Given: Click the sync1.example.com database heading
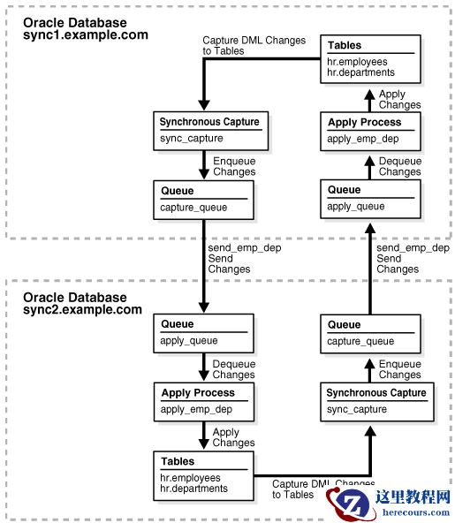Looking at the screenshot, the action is tap(86, 28).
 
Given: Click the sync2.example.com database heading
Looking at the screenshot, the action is tap(82, 304).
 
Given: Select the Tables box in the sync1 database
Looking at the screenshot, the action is tap(370, 59).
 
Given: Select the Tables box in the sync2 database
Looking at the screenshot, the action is tap(203, 475).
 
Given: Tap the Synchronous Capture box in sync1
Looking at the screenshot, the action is tap(211, 131).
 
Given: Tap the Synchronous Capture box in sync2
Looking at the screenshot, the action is tap(377, 402).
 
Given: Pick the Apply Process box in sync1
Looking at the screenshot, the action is tap(370, 132).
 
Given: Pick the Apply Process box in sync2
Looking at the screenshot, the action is tap(204, 402).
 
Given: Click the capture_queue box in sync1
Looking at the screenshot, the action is tap(203, 200).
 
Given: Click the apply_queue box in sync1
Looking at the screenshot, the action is tap(370, 199).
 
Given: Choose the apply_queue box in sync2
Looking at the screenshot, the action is tap(203, 333).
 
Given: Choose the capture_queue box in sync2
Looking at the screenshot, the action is tap(370, 334).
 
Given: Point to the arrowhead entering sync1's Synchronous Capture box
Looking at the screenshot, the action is tap(204, 106).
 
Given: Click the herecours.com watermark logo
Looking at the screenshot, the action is tap(388, 504).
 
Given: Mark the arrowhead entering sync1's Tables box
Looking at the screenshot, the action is tap(369, 95).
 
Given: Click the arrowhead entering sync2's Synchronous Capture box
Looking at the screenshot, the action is tap(370, 431).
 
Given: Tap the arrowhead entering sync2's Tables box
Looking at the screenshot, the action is tap(204, 444).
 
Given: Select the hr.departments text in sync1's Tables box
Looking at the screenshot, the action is tap(360, 72).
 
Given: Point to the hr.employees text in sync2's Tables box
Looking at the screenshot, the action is tap(190, 478).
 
